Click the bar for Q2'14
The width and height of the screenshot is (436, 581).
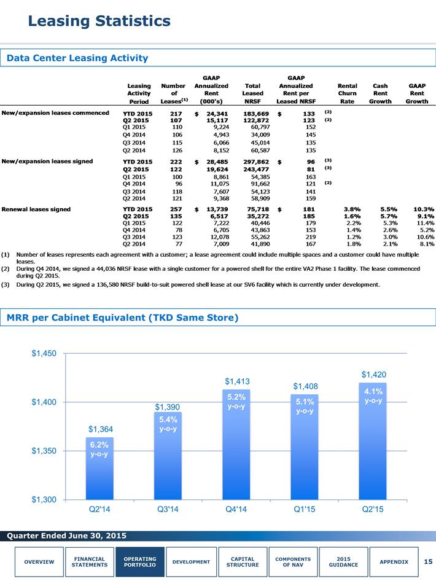pyautogui.click(x=99, y=469)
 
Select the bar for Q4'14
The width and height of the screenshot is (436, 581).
pyautogui.click(x=236, y=445)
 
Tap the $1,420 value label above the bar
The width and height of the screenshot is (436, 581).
pyautogui.click(x=374, y=375)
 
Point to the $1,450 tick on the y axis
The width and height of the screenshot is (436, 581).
pyautogui.click(x=44, y=354)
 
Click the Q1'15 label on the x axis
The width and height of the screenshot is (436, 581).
pyautogui.click(x=305, y=509)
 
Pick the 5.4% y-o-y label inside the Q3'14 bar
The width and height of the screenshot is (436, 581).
pyautogui.click(x=168, y=424)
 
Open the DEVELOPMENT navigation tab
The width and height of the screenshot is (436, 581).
pyautogui.click(x=191, y=562)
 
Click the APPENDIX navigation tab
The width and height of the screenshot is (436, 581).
pyautogui.click(x=394, y=562)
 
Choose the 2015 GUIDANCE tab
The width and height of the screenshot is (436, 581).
pyautogui.click(x=343, y=562)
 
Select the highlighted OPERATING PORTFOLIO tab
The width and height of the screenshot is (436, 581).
pyautogui.click(x=140, y=562)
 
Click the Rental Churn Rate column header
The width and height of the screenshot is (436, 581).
pyautogui.click(x=347, y=93)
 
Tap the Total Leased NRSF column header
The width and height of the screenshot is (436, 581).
pyautogui.click(x=252, y=93)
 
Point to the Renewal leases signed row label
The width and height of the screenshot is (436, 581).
pyautogui.click(x=36, y=209)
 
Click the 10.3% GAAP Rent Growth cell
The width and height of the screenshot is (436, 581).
pyautogui.click(x=424, y=209)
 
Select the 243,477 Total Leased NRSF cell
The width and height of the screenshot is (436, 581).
pyautogui.click(x=256, y=170)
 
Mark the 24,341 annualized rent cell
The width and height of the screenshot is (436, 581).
pyautogui.click(x=217, y=114)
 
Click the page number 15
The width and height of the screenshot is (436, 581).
pyautogui.click(x=428, y=562)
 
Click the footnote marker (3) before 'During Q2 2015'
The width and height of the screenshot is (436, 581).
pyautogui.click(x=5, y=284)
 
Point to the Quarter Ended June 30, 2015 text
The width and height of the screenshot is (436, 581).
pyautogui.click(x=67, y=536)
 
